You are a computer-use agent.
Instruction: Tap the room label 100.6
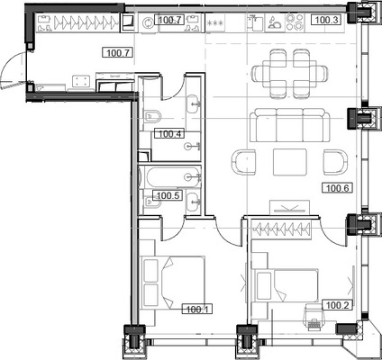(x=336, y=188)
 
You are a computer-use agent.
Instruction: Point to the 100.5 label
(x=168, y=195)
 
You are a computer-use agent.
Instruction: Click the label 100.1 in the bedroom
(x=196, y=310)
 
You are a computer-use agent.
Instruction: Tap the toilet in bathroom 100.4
(x=152, y=115)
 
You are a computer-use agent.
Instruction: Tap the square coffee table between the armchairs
(x=290, y=162)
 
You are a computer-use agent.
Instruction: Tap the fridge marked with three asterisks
(x=214, y=20)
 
